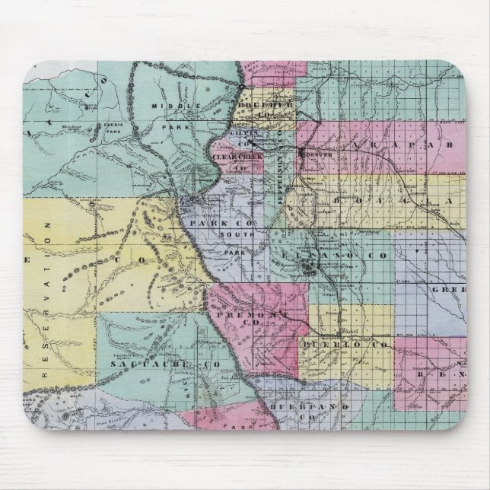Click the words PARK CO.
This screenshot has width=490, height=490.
coord(221,224)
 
